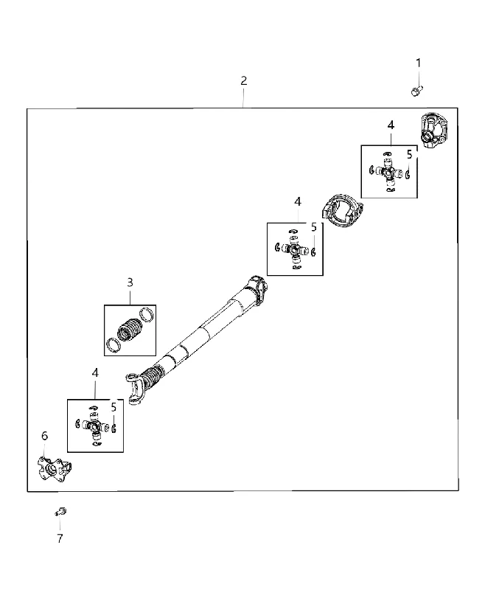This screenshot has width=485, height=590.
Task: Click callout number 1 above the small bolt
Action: (x=418, y=63)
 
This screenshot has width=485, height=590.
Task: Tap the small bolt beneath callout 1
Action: (x=416, y=91)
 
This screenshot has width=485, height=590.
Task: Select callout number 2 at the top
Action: (x=244, y=80)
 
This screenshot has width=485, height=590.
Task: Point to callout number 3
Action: (x=130, y=282)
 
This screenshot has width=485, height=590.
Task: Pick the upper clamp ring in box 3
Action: (x=147, y=314)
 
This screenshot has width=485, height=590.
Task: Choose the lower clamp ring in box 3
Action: (x=114, y=345)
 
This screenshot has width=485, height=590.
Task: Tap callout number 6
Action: (x=44, y=436)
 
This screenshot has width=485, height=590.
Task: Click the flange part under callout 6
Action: (x=54, y=468)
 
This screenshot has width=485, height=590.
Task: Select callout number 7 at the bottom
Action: (x=60, y=538)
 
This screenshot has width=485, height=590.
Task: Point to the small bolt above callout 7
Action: (x=60, y=512)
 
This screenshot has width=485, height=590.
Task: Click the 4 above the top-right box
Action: (x=391, y=125)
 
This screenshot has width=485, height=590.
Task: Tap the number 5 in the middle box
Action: (x=314, y=227)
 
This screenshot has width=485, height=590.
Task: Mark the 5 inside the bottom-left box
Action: (x=114, y=407)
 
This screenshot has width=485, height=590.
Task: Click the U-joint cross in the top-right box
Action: (x=388, y=173)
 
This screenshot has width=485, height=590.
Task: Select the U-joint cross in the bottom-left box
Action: (x=95, y=426)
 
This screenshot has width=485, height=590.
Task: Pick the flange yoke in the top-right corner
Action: (x=433, y=131)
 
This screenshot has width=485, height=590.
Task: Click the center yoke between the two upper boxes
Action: (x=342, y=211)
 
